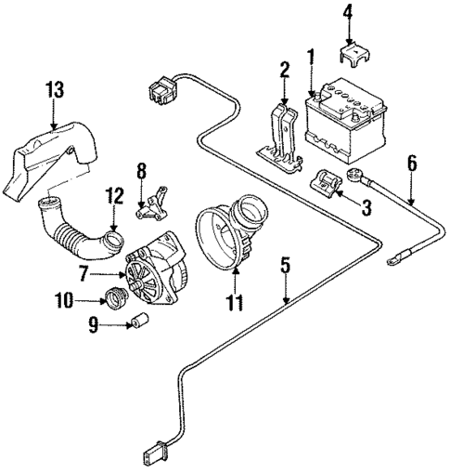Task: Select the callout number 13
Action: click(57, 90)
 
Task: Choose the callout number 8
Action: click(142, 171)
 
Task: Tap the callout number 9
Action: click(93, 325)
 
